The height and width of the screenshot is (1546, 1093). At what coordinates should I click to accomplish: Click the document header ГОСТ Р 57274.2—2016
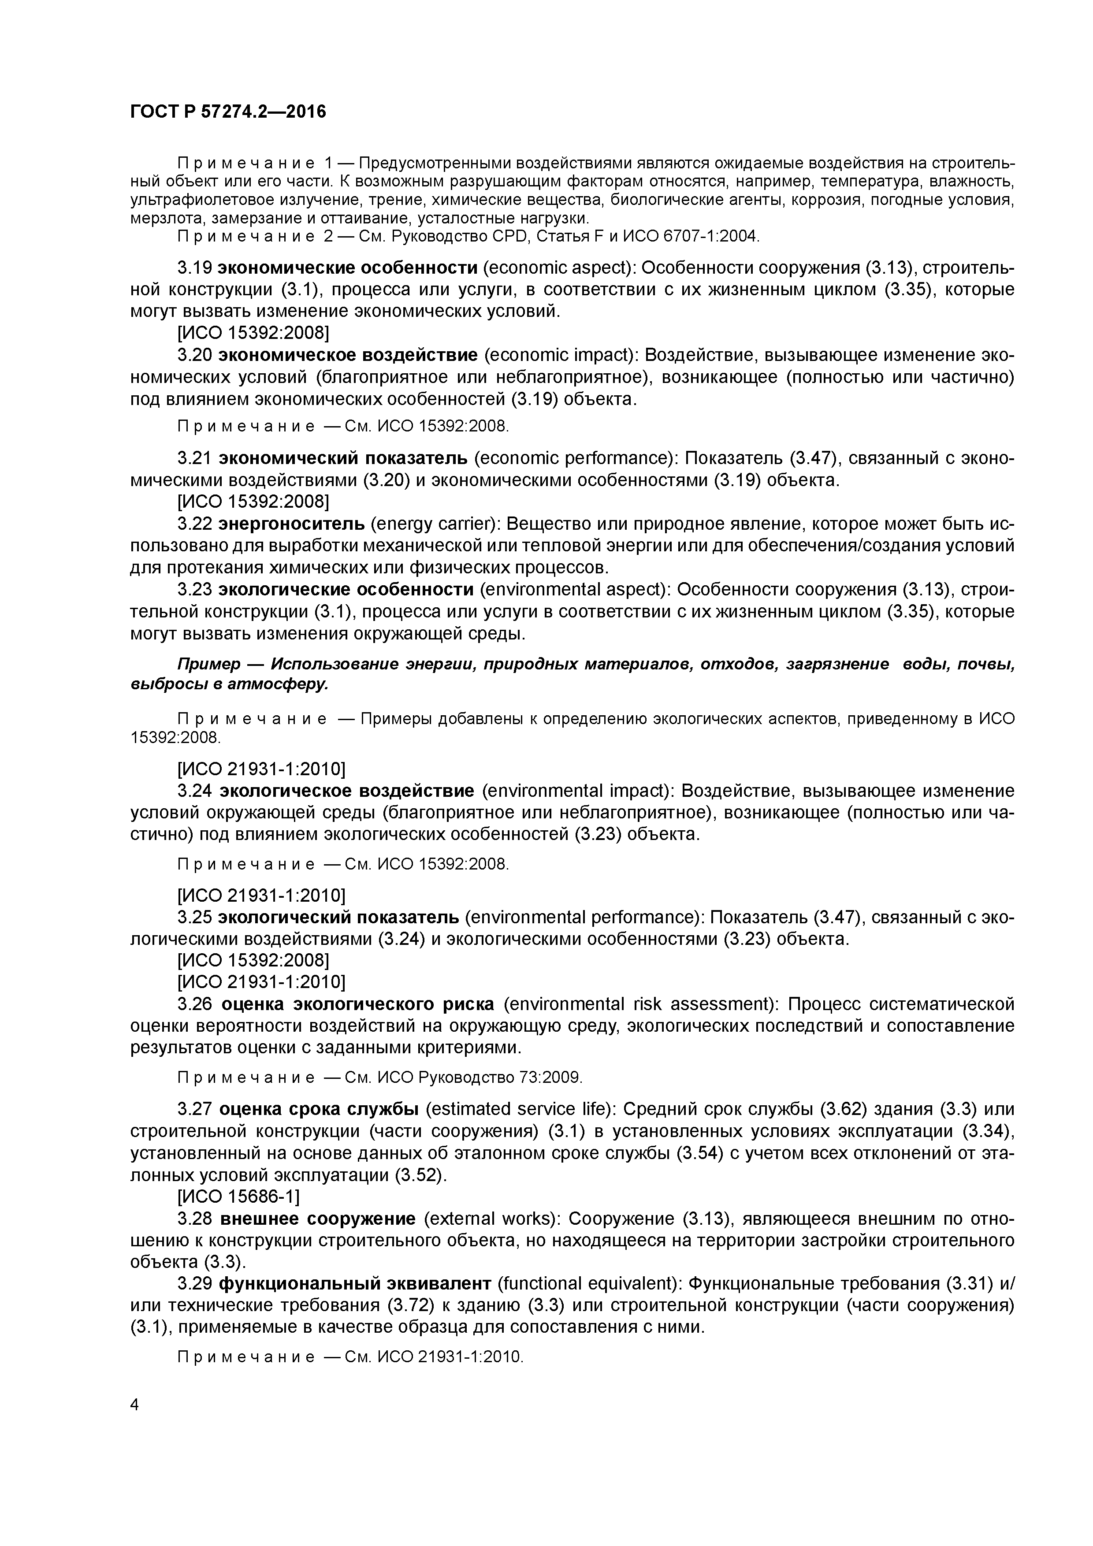[227, 112]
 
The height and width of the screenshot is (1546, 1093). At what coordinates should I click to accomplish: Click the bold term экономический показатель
[343, 458]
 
